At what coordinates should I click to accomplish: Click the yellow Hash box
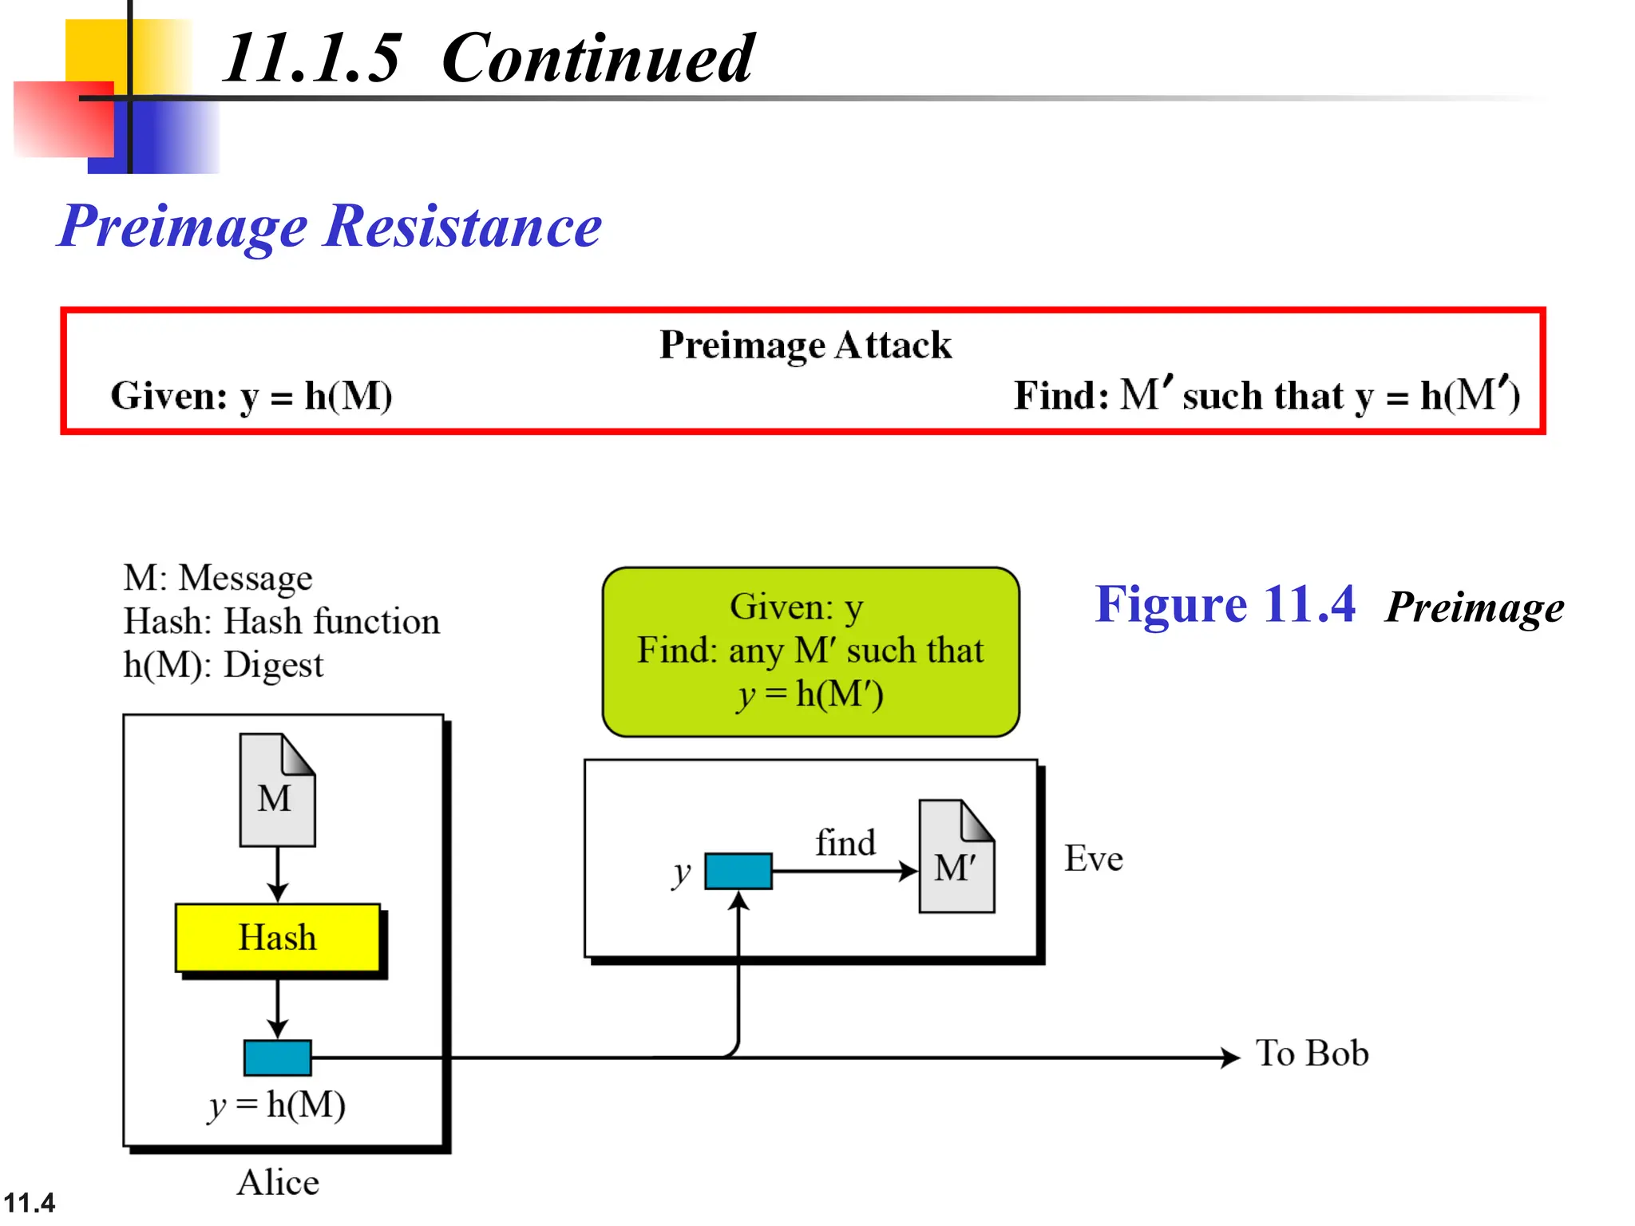pos(277,937)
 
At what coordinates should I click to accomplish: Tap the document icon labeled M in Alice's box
pos(277,790)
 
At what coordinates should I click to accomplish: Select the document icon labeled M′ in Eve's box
pos(956,857)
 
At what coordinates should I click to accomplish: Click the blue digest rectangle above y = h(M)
pos(277,1058)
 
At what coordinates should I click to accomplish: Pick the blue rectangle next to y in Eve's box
pos(738,871)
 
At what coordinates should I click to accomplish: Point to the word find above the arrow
pos(845,843)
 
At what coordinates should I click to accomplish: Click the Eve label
pos(1093,859)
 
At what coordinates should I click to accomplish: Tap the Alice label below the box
pos(278,1182)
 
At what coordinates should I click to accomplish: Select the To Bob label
pos(1312,1054)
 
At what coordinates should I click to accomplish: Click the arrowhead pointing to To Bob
pos(1230,1058)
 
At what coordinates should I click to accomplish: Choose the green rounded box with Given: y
pos(810,651)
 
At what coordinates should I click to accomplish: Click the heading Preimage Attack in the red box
pos(805,345)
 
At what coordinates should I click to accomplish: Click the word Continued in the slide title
pos(596,58)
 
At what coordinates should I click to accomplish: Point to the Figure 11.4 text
pos(1225,604)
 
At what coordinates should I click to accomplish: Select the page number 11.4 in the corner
pos(30,1202)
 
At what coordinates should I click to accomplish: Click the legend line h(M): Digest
pos(223,665)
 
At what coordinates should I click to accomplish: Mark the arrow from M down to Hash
pos(277,875)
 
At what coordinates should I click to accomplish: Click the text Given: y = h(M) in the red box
pos(251,396)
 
